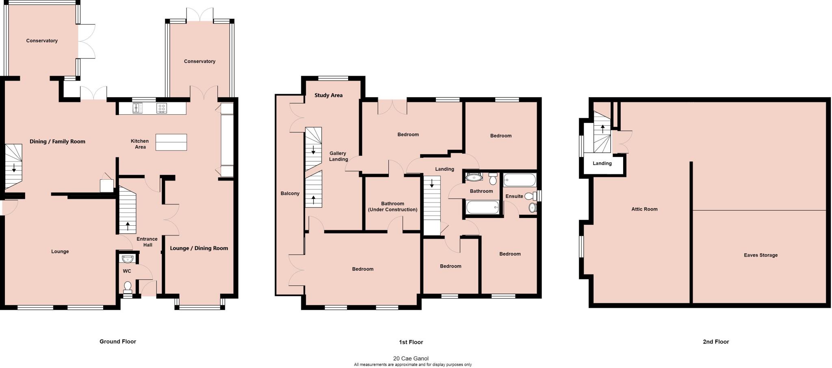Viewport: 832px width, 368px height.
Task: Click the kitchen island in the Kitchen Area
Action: tap(171, 142)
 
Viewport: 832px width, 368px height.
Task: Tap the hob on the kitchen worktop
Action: tap(162, 108)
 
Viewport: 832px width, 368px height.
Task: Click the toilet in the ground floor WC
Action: tap(128, 287)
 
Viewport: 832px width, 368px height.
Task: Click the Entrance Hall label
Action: tap(147, 242)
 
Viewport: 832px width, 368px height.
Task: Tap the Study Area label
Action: tap(328, 95)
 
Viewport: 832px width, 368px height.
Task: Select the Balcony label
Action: tap(290, 194)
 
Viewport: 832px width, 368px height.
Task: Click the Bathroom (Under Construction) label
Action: tap(392, 207)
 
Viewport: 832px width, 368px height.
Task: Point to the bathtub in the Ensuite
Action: tap(520, 180)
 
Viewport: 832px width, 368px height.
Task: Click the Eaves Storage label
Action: tap(760, 255)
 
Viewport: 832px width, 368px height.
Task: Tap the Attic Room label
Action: tap(644, 209)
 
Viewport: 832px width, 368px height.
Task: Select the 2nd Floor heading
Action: tap(716, 342)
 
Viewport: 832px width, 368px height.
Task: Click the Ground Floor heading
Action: tap(118, 342)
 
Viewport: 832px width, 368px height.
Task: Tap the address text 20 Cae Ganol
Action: tap(411, 359)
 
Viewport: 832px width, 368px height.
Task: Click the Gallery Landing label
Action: tap(338, 156)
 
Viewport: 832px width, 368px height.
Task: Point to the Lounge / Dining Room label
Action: tap(199, 248)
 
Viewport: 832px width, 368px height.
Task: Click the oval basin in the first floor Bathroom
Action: tap(474, 177)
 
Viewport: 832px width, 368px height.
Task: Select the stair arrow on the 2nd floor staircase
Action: tap(602, 129)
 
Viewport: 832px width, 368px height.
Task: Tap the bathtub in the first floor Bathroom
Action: tap(482, 208)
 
